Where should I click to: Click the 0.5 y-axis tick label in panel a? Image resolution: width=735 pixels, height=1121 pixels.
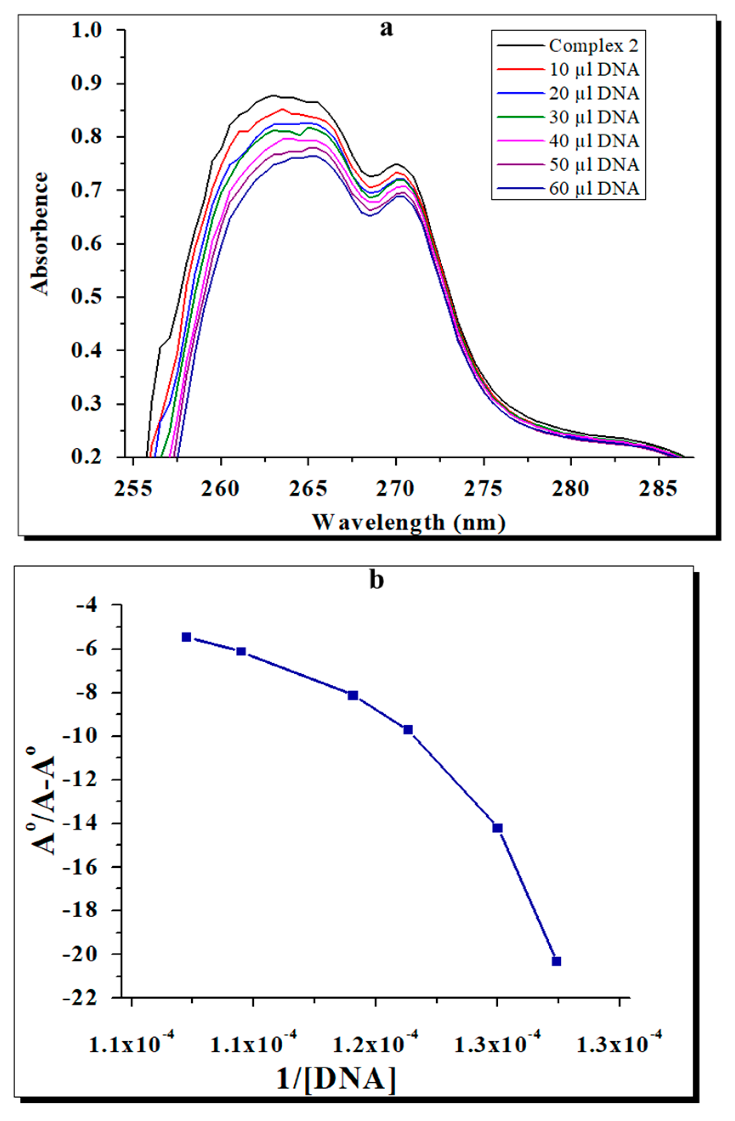point(86,297)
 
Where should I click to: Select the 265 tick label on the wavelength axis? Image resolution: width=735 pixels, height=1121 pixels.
point(308,488)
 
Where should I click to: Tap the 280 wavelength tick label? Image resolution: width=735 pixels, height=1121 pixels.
point(570,488)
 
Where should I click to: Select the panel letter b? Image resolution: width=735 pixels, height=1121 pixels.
point(376,581)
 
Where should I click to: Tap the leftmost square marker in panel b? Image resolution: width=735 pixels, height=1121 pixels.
point(186,637)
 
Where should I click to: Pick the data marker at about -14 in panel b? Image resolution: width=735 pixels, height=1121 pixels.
point(497,827)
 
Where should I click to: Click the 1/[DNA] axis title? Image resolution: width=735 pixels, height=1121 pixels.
point(336,1078)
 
